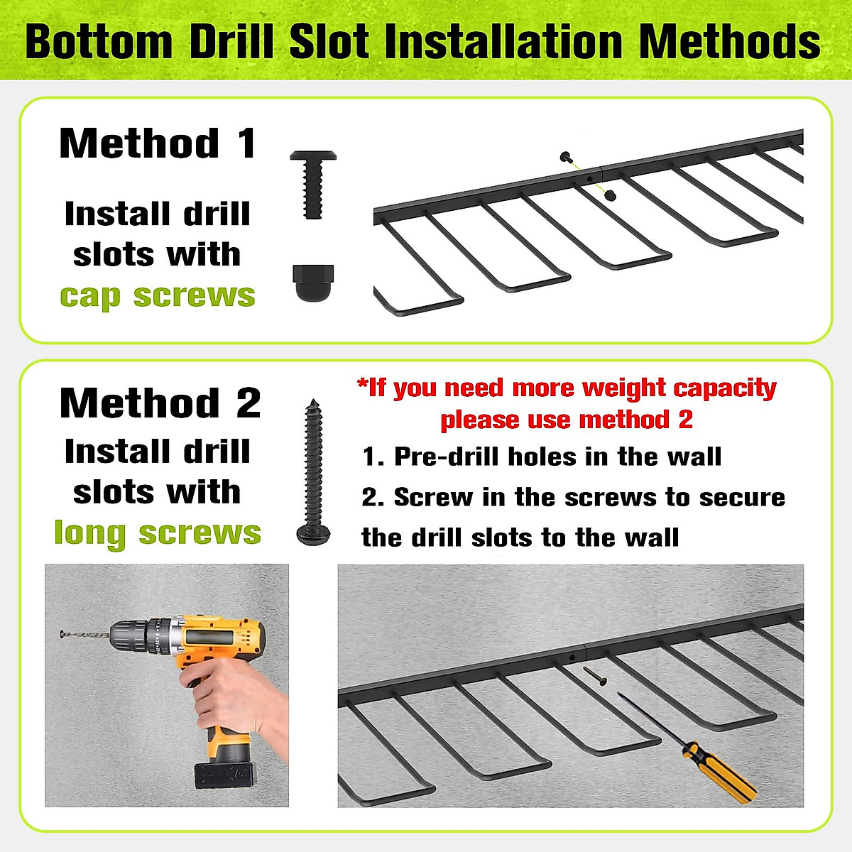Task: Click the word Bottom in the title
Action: [x=99, y=42]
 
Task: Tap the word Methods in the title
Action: [x=730, y=42]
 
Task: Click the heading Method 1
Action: [x=158, y=143]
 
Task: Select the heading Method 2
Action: [x=160, y=403]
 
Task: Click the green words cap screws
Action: [x=158, y=296]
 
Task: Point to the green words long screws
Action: [x=158, y=533]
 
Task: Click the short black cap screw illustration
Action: [x=313, y=185]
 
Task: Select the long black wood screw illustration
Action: [x=314, y=471]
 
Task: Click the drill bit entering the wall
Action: [x=84, y=635]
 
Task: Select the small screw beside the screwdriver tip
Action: [x=595, y=676]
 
